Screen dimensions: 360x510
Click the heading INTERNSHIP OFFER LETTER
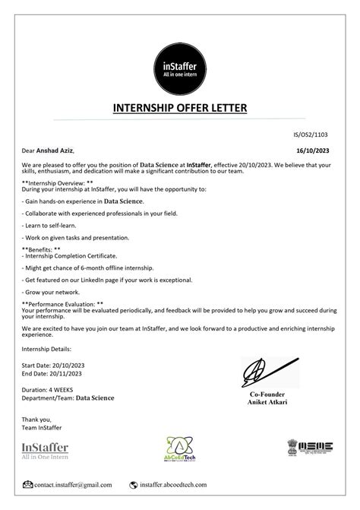tap(180, 108)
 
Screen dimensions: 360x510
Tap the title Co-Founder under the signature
tap(270, 394)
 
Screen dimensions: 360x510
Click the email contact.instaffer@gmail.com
tap(73, 484)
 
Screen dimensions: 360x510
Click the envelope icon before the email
tap(28, 484)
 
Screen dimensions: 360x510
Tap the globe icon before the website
tap(133, 484)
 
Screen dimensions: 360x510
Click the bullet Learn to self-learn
tap(54, 226)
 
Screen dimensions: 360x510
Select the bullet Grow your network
tap(51, 291)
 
